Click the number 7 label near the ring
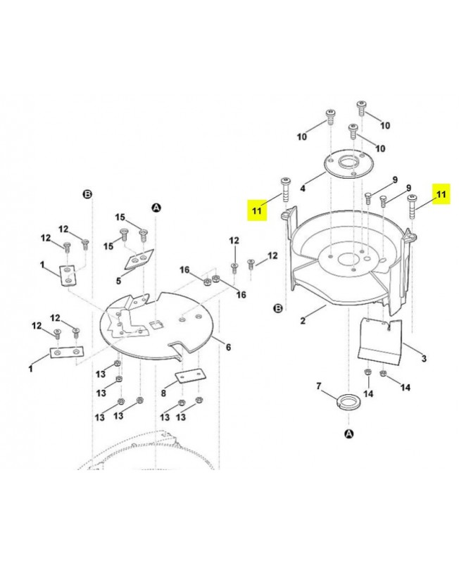tap(319, 386)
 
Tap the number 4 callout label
tap(303, 188)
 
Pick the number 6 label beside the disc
tap(228, 347)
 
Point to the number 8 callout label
tap(163, 393)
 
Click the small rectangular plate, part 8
tap(190, 377)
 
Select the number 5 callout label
tap(118, 280)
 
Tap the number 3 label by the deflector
tap(425, 358)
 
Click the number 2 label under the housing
tap(303, 321)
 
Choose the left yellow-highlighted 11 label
tap(257, 210)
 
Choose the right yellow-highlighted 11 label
tap(441, 194)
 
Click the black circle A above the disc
tap(156, 208)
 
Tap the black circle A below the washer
tap(349, 434)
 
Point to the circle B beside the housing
tap(278, 308)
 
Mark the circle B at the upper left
tap(87, 195)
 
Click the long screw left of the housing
tap(286, 189)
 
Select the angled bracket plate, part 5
tap(139, 259)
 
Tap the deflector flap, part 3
tap(380, 341)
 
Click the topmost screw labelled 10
tap(361, 108)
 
